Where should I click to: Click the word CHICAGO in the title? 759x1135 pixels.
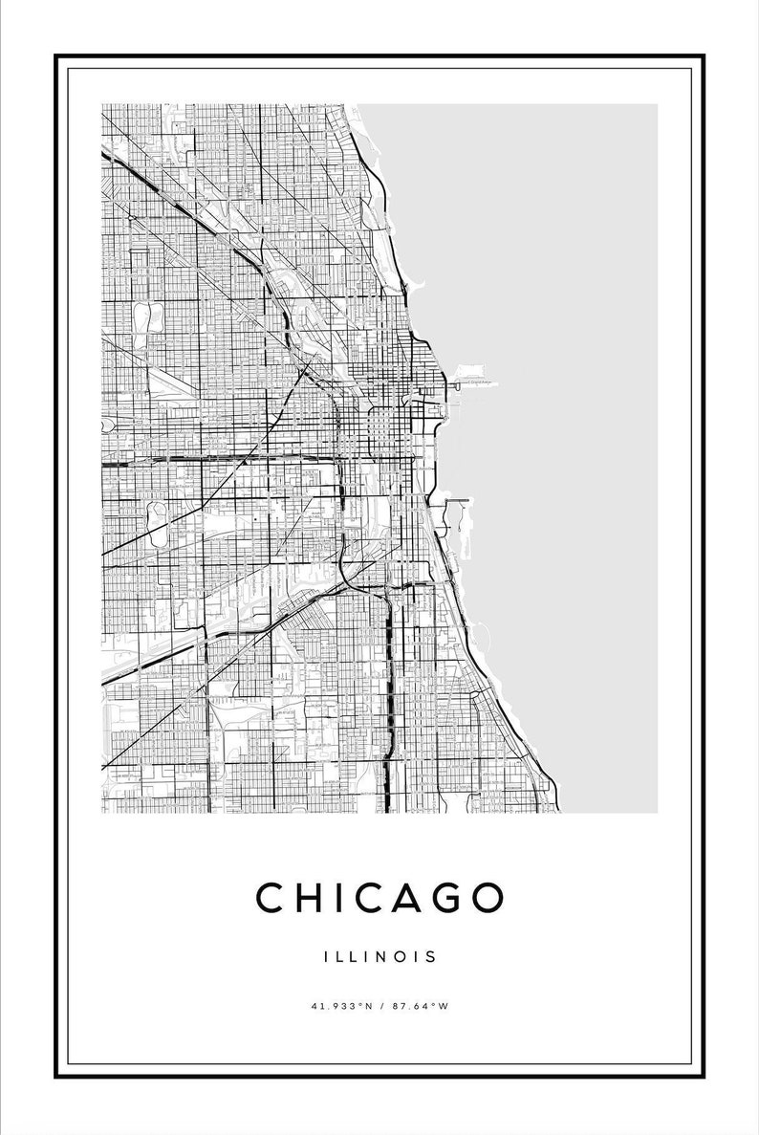379,897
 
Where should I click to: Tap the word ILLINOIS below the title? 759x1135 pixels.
379,955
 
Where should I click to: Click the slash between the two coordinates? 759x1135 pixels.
379,1005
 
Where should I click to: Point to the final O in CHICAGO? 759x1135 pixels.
487,897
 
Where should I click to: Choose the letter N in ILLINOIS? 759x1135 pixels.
380,955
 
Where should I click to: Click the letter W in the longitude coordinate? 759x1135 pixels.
444,1005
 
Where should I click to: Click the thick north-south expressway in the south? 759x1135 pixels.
389,688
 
